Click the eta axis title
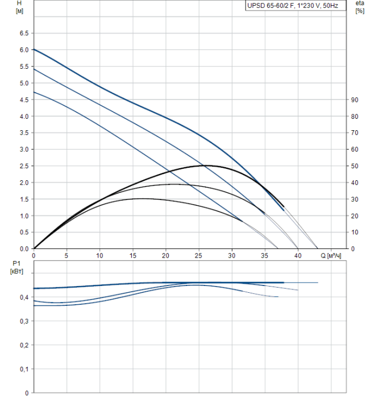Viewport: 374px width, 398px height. tap(359, 3)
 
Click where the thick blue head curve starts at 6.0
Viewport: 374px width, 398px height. tap(35, 49)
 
